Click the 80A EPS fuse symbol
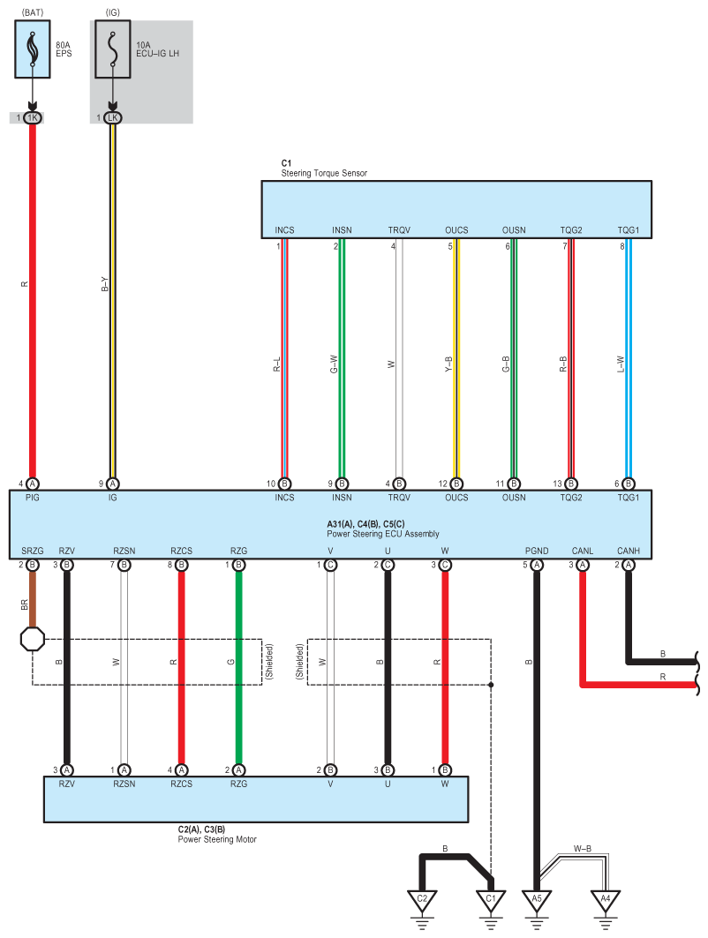[33, 49]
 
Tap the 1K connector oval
[33, 117]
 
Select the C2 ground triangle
[422, 901]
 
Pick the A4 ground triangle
[605, 901]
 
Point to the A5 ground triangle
[536, 901]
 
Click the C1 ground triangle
[491, 901]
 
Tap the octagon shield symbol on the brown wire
[33, 639]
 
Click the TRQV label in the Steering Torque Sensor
[399, 230]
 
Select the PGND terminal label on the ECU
[536, 551]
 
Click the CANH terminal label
[629, 551]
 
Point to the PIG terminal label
[33, 498]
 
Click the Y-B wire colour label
[448, 363]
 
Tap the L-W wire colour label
[621, 363]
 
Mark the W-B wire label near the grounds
[583, 850]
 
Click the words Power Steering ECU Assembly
[382, 534]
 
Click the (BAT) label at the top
[32, 11]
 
